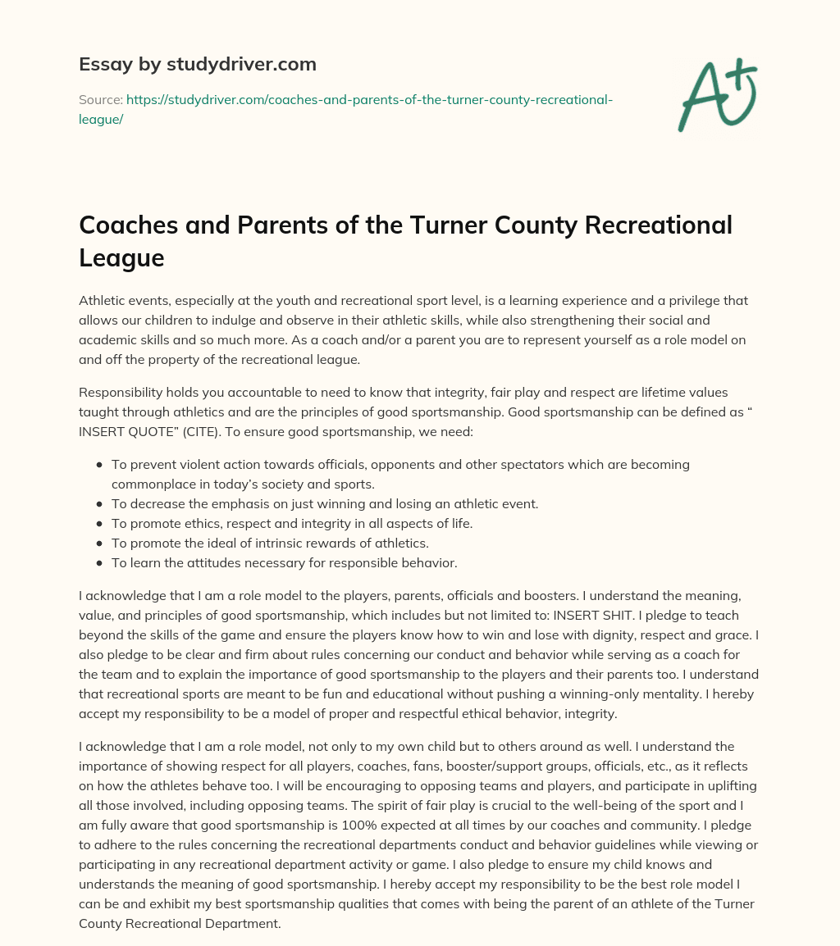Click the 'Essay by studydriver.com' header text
[x=197, y=63]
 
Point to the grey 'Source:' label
[x=100, y=99]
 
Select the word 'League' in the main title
[x=121, y=257]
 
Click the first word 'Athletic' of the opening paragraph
[x=103, y=301]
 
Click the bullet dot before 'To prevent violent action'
[x=99, y=465]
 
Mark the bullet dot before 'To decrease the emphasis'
[x=99, y=504]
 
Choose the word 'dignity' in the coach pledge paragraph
[x=575, y=635]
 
